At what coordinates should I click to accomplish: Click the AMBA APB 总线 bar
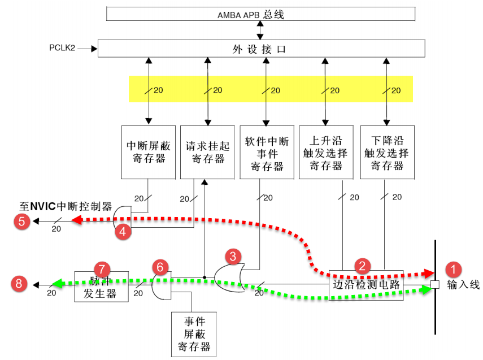tap(259, 14)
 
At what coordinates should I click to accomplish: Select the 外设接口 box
tap(261, 49)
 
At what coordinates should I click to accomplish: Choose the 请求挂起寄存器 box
tap(208, 152)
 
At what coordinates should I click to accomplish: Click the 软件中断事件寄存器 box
tap(267, 152)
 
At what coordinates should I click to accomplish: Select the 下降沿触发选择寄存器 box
tap(386, 152)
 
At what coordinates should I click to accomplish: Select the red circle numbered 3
tap(233, 256)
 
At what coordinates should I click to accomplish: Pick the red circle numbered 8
tap(20, 284)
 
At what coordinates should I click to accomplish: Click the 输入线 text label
tap(463, 284)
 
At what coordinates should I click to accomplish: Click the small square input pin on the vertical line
tap(434, 284)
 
